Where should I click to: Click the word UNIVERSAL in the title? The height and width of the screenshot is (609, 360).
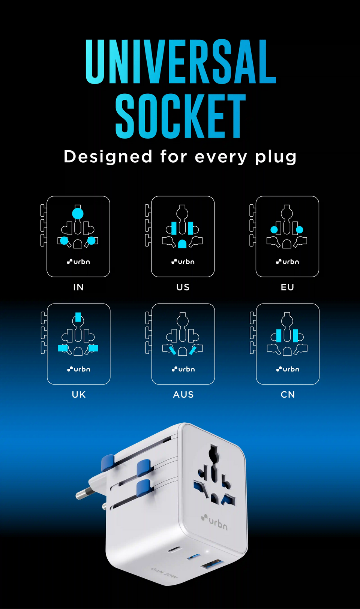tap(181, 61)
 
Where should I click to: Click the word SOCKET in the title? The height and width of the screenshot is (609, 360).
tap(180, 116)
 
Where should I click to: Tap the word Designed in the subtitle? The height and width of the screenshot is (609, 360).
tap(108, 157)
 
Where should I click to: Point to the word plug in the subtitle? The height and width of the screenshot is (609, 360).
tap(276, 158)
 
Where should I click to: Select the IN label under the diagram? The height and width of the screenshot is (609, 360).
tap(78, 287)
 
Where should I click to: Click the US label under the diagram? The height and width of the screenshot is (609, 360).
tap(183, 287)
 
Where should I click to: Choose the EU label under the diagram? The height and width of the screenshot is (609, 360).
tap(287, 287)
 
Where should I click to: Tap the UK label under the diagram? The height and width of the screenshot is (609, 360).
tap(79, 395)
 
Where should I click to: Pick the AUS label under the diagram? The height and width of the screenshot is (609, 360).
tap(183, 395)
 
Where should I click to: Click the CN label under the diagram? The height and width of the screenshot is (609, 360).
tap(288, 395)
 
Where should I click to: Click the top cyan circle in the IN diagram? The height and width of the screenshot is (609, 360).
tap(78, 214)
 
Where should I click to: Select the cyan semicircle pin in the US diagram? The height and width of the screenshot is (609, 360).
tap(182, 244)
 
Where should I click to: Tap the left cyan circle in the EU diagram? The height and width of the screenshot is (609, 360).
tap(274, 230)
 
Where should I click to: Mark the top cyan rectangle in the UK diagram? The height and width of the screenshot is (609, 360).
tap(78, 317)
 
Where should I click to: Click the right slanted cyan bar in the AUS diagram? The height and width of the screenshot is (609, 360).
tap(193, 350)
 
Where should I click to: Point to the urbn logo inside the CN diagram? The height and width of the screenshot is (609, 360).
tap(288, 369)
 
